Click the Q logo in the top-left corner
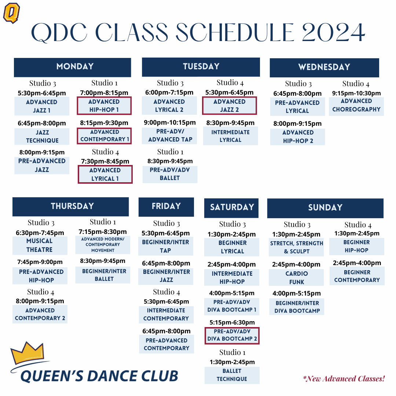(11, 13)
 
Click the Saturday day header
(231, 208)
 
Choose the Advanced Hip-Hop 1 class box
(104, 106)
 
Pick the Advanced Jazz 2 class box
(230, 105)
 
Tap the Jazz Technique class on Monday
(42, 136)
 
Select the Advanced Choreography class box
(356, 105)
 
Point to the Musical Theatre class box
(40, 245)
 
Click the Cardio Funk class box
(297, 278)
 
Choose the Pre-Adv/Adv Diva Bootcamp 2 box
(232, 335)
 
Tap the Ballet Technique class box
(232, 375)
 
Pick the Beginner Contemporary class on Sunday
(357, 276)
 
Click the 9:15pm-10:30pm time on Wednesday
(356, 93)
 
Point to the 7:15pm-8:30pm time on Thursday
(103, 232)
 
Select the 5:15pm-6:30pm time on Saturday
(232, 322)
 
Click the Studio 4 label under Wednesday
(356, 84)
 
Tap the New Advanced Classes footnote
(344, 379)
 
